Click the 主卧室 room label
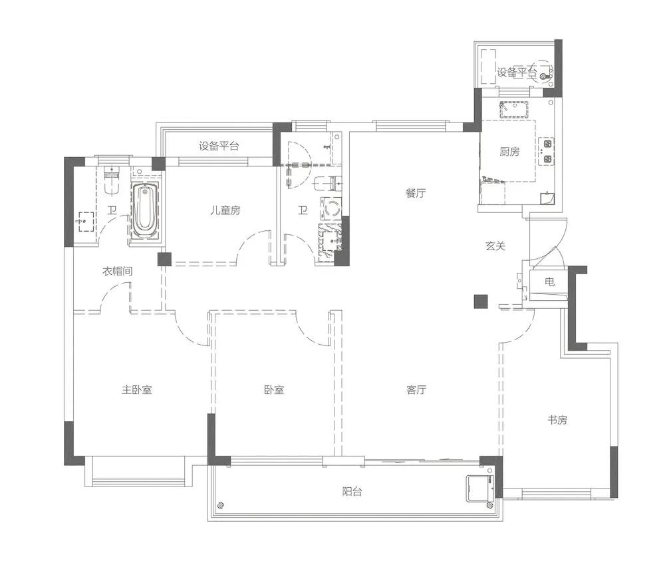(x=136, y=389)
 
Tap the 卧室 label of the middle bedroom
(x=273, y=389)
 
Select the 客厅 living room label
(x=416, y=389)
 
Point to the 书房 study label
(x=557, y=420)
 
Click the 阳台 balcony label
(x=352, y=492)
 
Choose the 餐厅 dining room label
(x=415, y=194)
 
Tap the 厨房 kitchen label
(x=509, y=152)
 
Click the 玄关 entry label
(x=495, y=246)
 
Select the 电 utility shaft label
(x=549, y=282)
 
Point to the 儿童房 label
(x=225, y=210)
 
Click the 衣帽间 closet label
(x=118, y=271)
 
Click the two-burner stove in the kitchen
(x=547, y=152)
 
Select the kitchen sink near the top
(x=514, y=110)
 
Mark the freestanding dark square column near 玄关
(x=481, y=301)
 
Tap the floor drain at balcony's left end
(x=220, y=505)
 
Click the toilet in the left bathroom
(x=112, y=181)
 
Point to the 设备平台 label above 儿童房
(x=219, y=146)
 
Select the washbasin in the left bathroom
(x=86, y=222)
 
